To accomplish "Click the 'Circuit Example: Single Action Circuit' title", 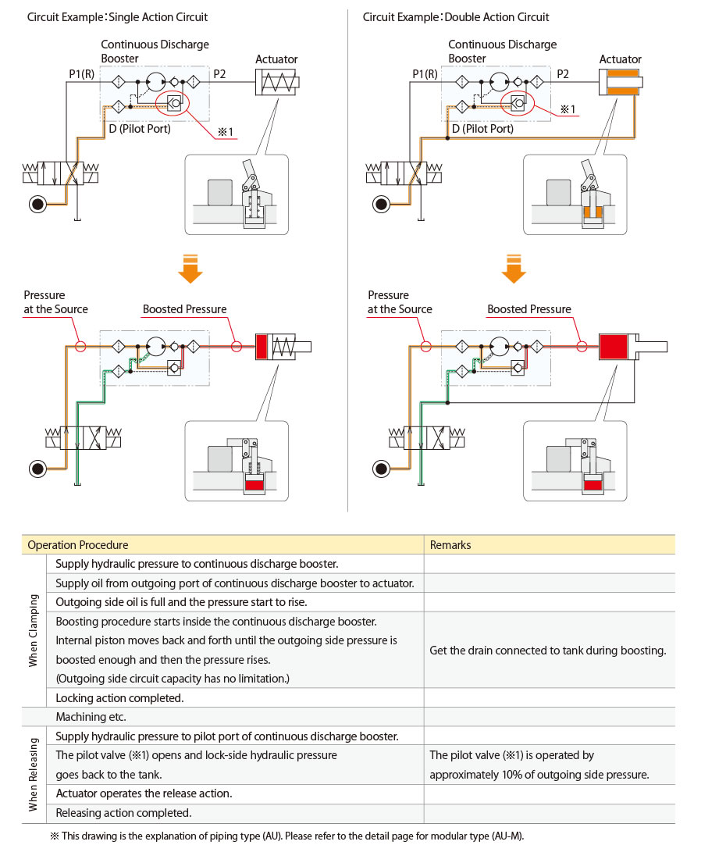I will [117, 17].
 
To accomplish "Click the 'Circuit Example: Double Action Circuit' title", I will [456, 17].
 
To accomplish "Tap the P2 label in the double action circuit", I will [562, 74].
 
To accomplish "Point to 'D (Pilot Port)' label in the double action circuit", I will [482, 129].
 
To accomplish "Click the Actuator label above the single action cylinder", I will [276, 59].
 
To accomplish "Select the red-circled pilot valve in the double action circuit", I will [518, 103].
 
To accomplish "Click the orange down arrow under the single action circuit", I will [190, 268].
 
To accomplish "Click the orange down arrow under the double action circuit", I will [513, 268].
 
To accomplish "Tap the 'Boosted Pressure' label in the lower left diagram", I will [184, 309].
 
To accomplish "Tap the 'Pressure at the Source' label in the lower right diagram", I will [400, 302].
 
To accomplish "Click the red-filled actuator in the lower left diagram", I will [262, 346].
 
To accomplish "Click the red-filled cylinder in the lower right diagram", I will [614, 346].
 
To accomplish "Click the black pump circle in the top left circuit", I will [37, 205].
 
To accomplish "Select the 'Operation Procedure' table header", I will [77, 545].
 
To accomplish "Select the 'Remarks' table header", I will [450, 545].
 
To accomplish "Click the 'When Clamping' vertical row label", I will [34, 629].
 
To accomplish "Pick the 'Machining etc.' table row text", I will [91, 716].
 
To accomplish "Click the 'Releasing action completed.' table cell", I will [123, 813].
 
